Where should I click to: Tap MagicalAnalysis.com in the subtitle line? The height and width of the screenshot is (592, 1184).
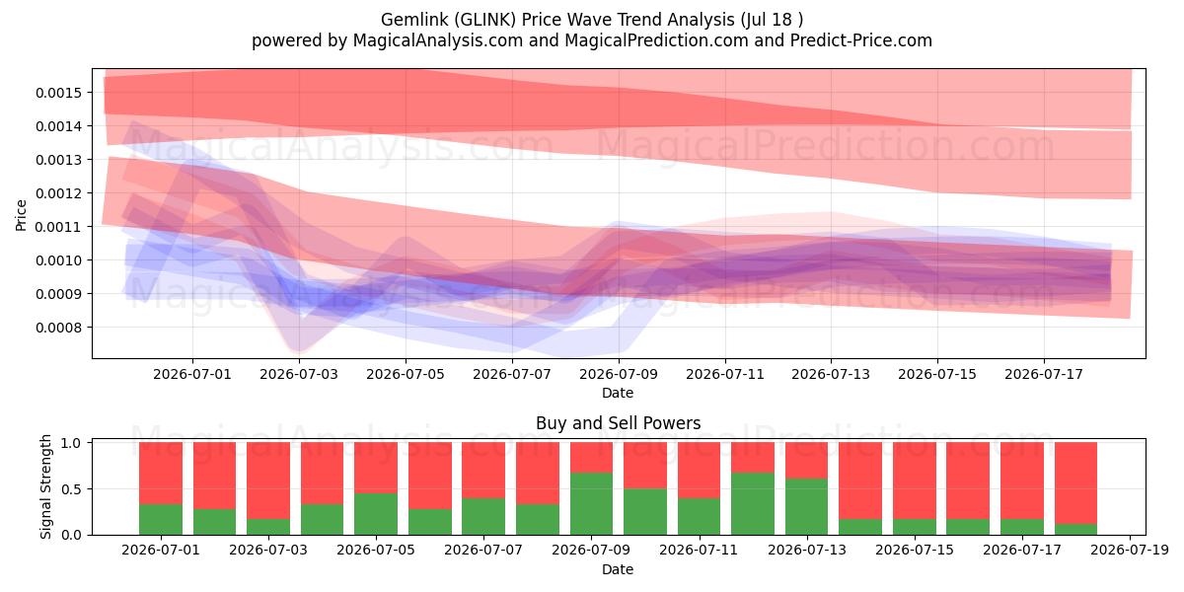pos(438,40)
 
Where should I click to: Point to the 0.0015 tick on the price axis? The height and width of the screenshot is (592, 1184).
pos(58,93)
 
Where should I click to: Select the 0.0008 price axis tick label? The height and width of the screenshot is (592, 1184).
pos(58,328)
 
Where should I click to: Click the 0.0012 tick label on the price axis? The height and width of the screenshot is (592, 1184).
pos(58,193)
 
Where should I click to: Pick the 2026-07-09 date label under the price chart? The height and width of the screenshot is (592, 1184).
pos(619,374)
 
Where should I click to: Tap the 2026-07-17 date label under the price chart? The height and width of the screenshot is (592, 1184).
pos(1044,374)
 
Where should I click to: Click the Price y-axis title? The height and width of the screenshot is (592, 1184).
pos(21,215)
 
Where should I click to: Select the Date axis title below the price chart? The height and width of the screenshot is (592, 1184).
pos(618,393)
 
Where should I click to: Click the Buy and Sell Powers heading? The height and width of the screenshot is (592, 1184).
pos(618,423)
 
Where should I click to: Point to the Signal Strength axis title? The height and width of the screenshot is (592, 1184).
pos(46,486)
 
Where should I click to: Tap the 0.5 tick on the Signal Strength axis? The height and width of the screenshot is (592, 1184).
pos(71,489)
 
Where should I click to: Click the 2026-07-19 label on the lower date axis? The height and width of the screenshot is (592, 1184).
pos(1130,551)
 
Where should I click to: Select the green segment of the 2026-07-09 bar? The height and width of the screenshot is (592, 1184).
pos(591,504)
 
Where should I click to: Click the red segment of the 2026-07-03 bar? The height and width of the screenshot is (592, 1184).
pos(268,481)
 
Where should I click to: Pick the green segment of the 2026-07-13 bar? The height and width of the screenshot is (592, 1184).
pos(807,507)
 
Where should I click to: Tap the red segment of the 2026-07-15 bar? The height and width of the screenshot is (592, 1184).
pos(915,481)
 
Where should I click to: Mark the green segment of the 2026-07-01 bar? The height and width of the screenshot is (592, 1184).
pos(161,520)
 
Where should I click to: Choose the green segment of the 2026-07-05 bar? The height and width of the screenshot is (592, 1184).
pos(376,514)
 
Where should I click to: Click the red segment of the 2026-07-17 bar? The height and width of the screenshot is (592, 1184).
pos(1022,481)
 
